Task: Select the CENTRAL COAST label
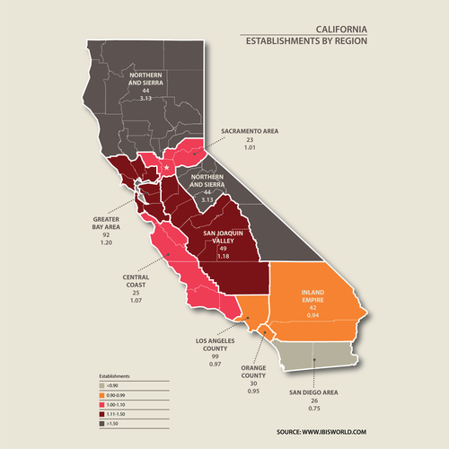(142, 283)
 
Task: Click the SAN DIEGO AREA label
(313, 393)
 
